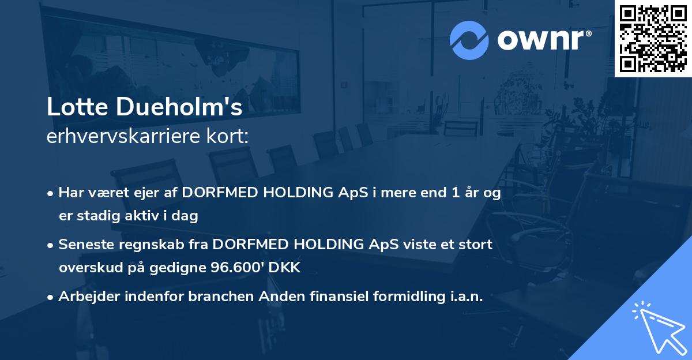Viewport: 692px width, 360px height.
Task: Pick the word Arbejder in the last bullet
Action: point(84,297)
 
